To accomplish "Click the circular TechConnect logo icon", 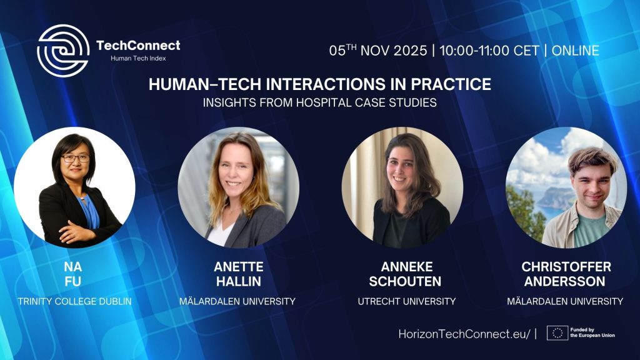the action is tap(63, 51).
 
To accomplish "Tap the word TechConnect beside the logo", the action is tap(138, 45).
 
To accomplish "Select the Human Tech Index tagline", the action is tap(138, 58).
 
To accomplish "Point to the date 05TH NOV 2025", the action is tap(378, 50).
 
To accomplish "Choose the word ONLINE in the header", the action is tap(576, 51).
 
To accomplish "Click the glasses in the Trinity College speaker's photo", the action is tap(76, 158).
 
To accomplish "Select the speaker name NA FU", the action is tap(72, 274).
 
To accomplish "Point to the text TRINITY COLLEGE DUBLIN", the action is tap(75, 301).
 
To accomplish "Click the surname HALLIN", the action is tap(239, 281).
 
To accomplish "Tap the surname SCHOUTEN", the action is tap(405, 281).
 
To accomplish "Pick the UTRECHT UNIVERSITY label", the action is tap(406, 301).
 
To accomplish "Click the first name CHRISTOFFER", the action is tap(566, 266).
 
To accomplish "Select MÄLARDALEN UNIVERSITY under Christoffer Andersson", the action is tap(565, 301).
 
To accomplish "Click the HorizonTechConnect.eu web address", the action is tap(464, 334).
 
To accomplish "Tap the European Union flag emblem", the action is tap(557, 333).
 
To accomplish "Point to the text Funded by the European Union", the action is tap(592, 332).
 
